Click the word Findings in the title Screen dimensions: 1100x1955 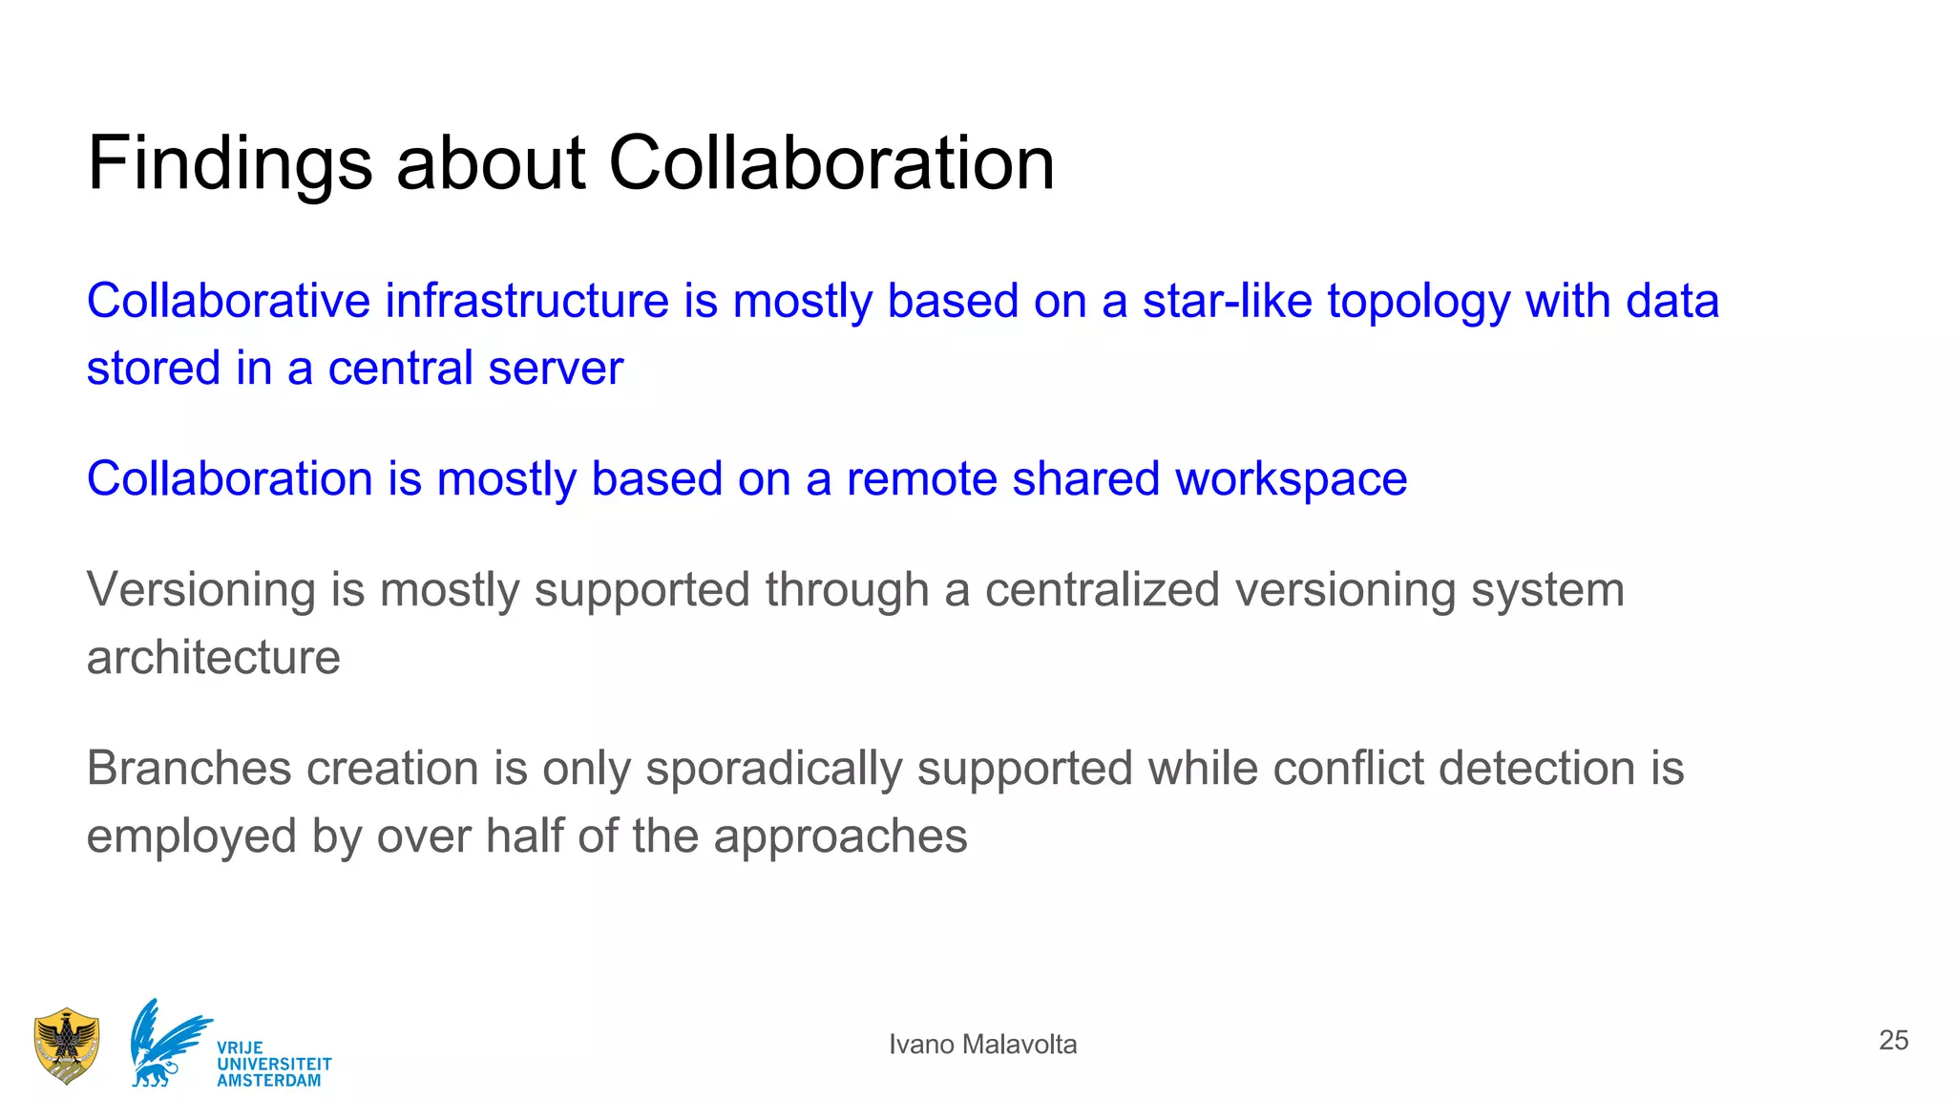pyautogui.click(x=229, y=164)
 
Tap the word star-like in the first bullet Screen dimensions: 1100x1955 pyautogui.click(x=1227, y=301)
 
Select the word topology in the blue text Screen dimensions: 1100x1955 pyautogui.click(x=1419, y=303)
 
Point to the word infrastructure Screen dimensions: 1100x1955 pyautogui.click(x=527, y=301)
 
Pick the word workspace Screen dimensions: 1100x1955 pyautogui.click(x=1291, y=479)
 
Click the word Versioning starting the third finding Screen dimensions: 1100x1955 pyautogui.click(x=200, y=590)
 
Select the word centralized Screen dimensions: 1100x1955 pyautogui.click(x=1103, y=589)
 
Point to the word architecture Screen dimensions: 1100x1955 pyautogui.click(x=213, y=657)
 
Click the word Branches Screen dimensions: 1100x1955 pyautogui.click(x=187, y=768)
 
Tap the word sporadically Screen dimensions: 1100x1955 pyautogui.click(x=773, y=770)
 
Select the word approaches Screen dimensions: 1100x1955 pyautogui.click(x=840, y=837)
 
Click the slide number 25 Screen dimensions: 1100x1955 pyautogui.click(x=1893, y=1040)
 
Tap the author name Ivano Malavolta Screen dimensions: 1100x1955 pyautogui.click(x=982, y=1045)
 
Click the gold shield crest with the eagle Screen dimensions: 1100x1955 pyautogui.click(x=66, y=1046)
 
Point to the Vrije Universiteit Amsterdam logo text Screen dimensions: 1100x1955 pyautogui.click(x=274, y=1064)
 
